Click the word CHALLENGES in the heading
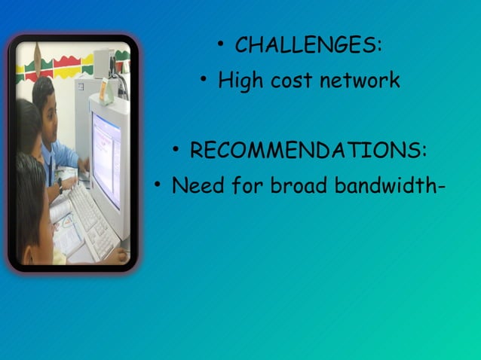[x=305, y=45]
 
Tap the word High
[x=240, y=81]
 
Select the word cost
[x=292, y=81]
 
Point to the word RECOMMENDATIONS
[x=305, y=151]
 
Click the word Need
[x=198, y=185]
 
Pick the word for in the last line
[x=247, y=185]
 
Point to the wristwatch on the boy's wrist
[x=60, y=183]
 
